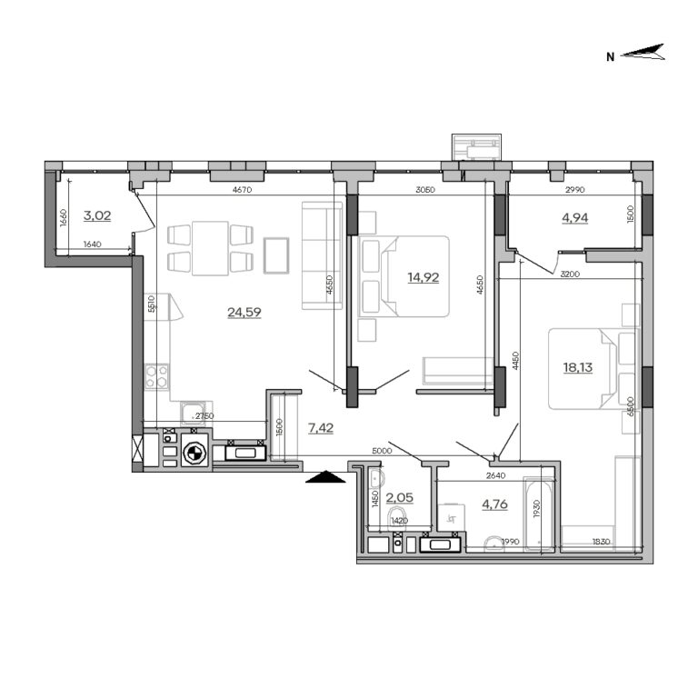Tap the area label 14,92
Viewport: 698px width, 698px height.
(x=424, y=276)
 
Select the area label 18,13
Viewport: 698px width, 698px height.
(x=578, y=368)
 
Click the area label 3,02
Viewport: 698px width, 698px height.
(x=97, y=215)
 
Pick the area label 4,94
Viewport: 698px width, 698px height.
(x=573, y=219)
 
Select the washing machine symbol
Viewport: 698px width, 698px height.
(x=194, y=452)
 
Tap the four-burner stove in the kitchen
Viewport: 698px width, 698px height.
(x=157, y=375)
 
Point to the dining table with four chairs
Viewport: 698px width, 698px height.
(x=209, y=247)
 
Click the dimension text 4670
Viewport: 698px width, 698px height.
(x=241, y=190)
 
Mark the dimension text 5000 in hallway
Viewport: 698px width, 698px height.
(x=382, y=450)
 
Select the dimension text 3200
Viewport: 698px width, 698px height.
(x=571, y=274)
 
